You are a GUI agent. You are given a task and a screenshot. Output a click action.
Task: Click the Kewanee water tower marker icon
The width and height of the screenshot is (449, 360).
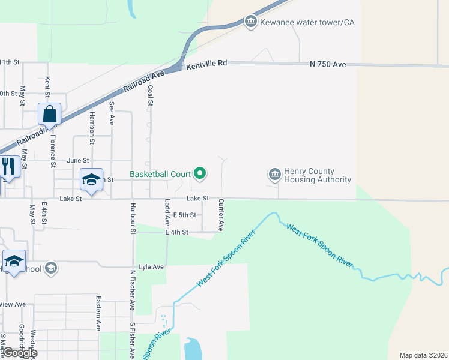250,22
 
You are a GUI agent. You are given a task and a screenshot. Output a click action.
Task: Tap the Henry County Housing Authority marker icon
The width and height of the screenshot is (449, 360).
274,175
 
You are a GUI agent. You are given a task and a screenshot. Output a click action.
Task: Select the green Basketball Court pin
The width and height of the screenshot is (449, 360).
199,174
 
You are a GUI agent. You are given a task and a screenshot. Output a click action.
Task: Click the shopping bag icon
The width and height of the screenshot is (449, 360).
49,113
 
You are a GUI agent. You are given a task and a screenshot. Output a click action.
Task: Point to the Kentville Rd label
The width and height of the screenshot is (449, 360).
207,62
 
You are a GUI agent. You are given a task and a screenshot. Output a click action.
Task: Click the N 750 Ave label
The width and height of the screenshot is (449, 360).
328,64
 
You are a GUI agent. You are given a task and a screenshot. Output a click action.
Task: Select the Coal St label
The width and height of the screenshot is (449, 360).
150,96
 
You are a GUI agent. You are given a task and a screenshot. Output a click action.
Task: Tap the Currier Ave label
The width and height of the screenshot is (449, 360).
221,215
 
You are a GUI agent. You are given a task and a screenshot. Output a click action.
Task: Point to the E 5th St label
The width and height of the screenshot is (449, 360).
184,215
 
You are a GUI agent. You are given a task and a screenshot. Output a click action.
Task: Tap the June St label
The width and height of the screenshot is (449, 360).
78,161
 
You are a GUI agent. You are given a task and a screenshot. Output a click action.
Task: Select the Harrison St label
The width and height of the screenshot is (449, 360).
92,128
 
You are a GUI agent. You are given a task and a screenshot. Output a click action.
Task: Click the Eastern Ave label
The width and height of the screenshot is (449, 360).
98,313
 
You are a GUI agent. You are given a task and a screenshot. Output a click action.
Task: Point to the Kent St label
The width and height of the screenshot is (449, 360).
47,86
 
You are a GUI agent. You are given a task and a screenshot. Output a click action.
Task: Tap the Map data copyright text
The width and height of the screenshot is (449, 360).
423,355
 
